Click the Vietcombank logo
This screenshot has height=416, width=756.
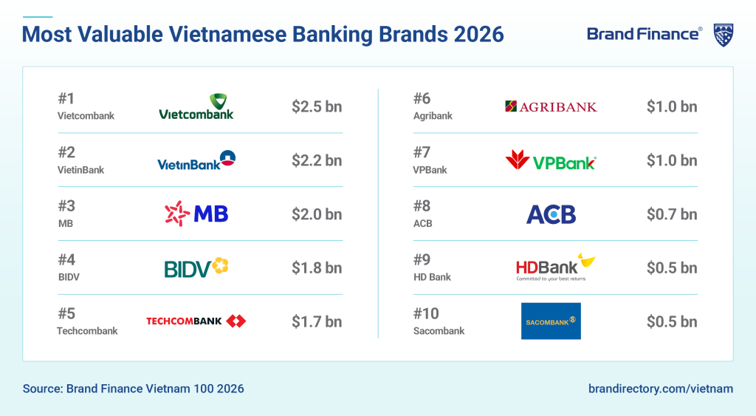coord(196,106)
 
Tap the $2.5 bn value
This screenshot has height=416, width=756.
coord(317,106)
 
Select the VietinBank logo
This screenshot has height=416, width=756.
coord(196,160)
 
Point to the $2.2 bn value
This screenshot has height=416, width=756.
coord(317,160)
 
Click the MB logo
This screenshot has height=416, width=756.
coord(196,214)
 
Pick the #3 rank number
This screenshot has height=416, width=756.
coord(66,206)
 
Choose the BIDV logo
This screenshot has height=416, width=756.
coord(196,267)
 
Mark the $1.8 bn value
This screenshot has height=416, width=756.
coord(317,267)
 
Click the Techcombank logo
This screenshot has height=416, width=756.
coord(196,321)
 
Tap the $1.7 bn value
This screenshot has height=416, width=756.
coord(317,321)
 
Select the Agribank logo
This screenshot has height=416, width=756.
coord(551,106)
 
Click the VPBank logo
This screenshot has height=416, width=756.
coord(551,160)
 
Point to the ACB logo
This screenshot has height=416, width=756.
coord(551,214)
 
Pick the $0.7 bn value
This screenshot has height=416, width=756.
coord(672,214)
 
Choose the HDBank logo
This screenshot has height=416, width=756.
coord(555,267)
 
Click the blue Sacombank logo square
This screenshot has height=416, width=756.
coord(551,321)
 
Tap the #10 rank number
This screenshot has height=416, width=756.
coord(426,314)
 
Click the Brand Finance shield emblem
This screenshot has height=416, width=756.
coord(724,35)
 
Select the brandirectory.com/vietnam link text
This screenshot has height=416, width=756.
coord(661,389)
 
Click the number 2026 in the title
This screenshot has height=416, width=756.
coord(478,34)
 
